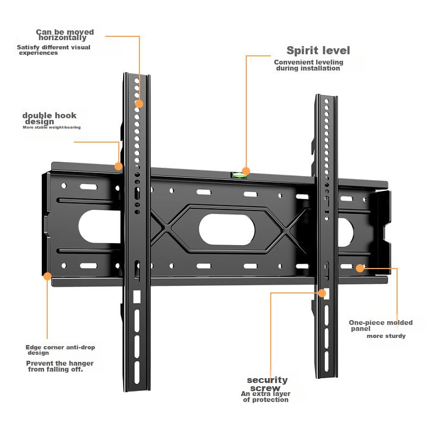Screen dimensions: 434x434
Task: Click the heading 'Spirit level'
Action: point(318,51)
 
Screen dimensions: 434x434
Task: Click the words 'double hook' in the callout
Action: point(49,116)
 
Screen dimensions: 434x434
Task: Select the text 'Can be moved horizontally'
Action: point(65,35)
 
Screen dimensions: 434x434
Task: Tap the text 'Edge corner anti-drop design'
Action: point(60,350)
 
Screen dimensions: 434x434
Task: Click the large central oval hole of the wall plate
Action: point(227,229)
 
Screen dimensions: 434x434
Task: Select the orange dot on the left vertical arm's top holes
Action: point(139,103)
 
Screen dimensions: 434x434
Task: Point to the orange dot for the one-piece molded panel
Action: point(360,267)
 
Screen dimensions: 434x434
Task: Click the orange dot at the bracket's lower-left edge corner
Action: point(47,276)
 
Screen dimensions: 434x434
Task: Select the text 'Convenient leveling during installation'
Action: point(308,66)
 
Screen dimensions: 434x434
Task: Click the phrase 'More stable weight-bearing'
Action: point(52,127)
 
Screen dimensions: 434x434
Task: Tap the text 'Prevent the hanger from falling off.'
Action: point(60,366)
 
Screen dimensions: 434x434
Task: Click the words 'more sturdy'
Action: point(386,336)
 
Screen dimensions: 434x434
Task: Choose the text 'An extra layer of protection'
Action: point(266,397)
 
